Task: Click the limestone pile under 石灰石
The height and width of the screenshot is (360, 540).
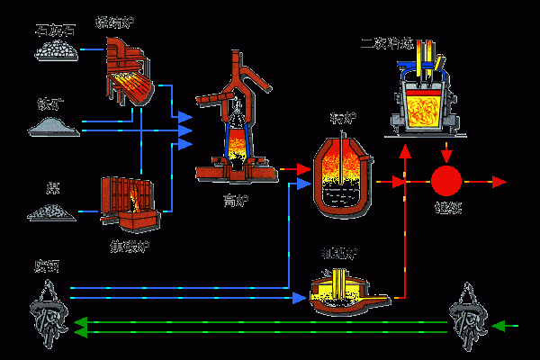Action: (x=54, y=51)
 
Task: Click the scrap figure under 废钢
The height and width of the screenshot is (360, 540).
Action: (x=46, y=311)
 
